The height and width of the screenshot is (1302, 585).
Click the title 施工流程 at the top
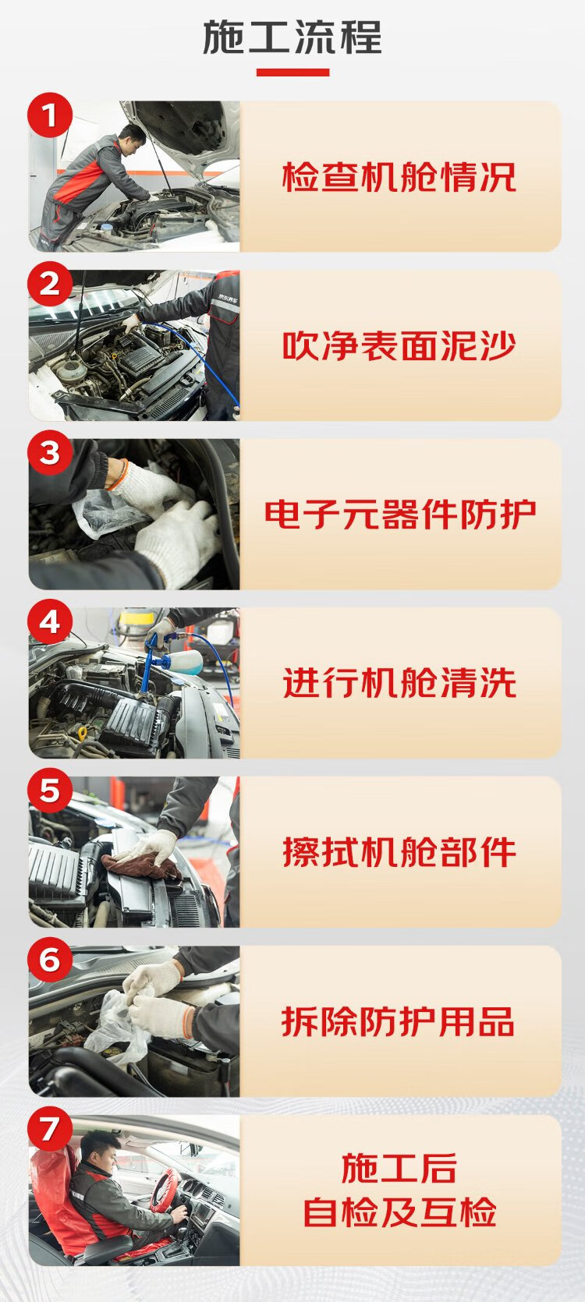pos(292,37)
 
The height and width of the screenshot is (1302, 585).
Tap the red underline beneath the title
pos(293,73)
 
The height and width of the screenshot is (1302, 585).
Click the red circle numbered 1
pos(50,115)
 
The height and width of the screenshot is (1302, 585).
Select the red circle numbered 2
pos(50,284)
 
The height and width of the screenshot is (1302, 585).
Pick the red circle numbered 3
pos(50,453)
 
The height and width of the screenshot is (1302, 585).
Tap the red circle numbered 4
pos(50,621)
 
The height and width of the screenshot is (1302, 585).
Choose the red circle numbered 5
pos(50,791)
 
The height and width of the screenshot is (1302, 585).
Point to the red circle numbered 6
pos(50,960)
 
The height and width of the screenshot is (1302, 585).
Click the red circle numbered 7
pos(50,1129)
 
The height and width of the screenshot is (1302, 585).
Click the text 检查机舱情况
pos(399,177)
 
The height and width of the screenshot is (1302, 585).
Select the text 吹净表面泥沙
pos(399,346)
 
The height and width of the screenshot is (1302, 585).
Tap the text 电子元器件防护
pos(400,515)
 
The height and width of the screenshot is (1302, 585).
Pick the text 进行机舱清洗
pos(399,683)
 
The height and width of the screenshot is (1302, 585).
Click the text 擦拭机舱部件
pos(399,852)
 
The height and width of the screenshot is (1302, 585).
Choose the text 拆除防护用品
pos(399,1021)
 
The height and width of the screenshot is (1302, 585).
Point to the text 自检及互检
pos(399,1212)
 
